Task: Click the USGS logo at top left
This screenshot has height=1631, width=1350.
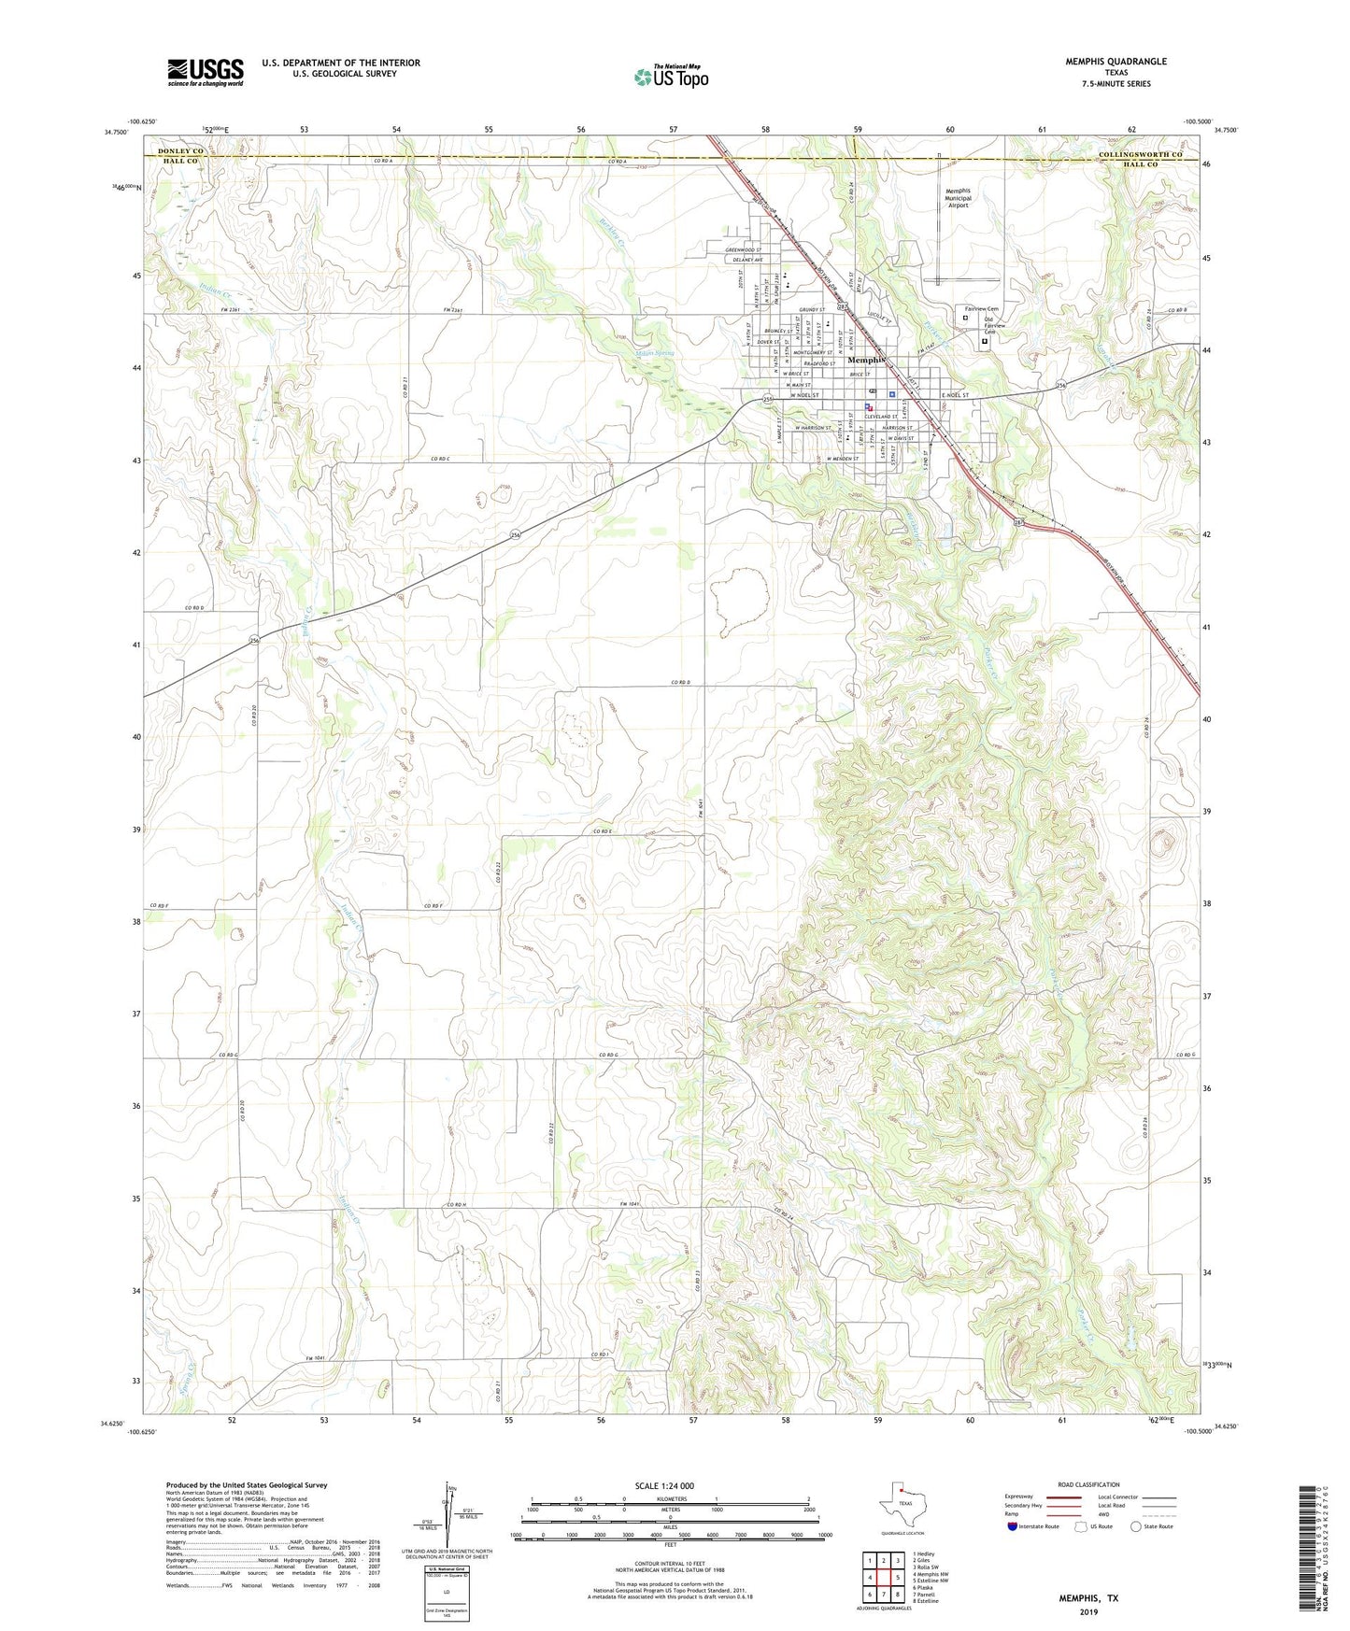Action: [205, 72]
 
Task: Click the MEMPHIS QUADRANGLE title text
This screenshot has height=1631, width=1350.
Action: [1116, 62]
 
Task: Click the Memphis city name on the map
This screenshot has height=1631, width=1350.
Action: [865, 360]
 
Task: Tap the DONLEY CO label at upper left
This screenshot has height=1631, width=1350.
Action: [180, 150]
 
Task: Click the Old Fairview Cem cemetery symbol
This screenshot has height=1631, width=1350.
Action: [984, 342]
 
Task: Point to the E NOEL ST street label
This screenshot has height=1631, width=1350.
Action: [954, 396]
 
